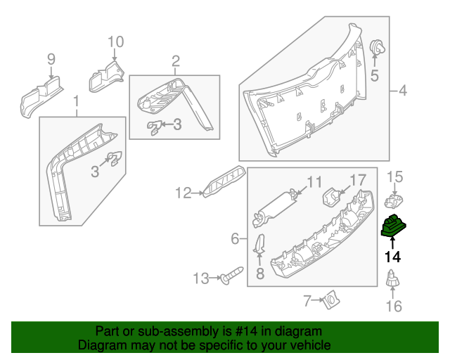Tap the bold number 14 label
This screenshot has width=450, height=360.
(x=392, y=257)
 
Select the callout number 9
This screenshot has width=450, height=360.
(x=51, y=58)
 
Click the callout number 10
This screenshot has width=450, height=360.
(x=115, y=41)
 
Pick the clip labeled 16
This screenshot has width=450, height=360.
(x=393, y=280)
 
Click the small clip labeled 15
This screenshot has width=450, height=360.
(x=393, y=202)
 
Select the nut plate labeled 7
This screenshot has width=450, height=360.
(x=328, y=302)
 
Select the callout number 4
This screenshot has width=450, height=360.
(x=403, y=91)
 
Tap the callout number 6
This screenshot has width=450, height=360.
(x=235, y=239)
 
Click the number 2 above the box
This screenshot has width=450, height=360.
(x=176, y=61)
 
